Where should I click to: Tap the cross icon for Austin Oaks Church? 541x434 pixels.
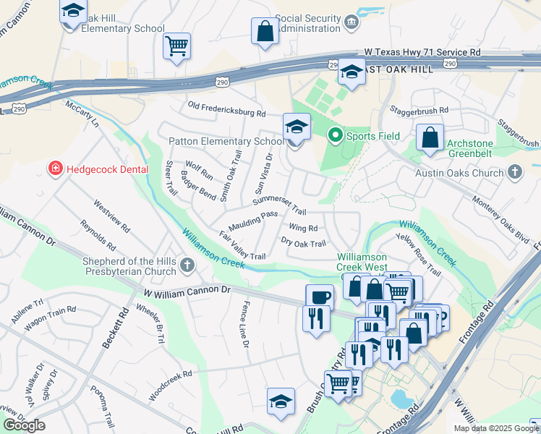[x=514, y=172]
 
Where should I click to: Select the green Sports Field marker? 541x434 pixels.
[x=335, y=135]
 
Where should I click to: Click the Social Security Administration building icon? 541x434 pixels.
[x=352, y=23]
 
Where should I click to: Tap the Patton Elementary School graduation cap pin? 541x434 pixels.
[x=297, y=128]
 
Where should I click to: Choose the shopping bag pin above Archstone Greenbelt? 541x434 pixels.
[x=430, y=138]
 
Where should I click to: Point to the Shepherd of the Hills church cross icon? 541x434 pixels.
[x=187, y=265]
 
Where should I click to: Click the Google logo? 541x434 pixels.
[x=24, y=425]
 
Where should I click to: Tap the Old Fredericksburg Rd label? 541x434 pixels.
[x=226, y=109]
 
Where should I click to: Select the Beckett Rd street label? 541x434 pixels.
[x=115, y=328]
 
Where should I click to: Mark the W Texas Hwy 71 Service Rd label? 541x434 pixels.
[x=422, y=52]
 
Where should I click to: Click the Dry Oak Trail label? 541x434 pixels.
[x=304, y=243]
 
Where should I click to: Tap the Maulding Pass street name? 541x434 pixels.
[x=253, y=216]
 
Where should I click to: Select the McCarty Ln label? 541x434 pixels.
[x=82, y=114]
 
